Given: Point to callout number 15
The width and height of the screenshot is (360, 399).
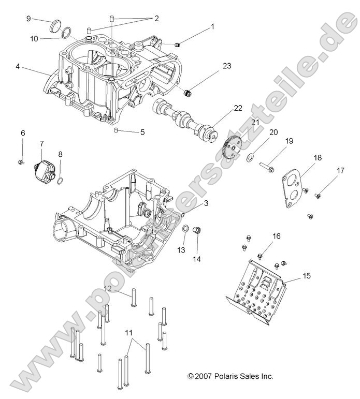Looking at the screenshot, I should pos(307,276).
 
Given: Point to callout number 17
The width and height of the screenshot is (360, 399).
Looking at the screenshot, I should pos(340,170).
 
